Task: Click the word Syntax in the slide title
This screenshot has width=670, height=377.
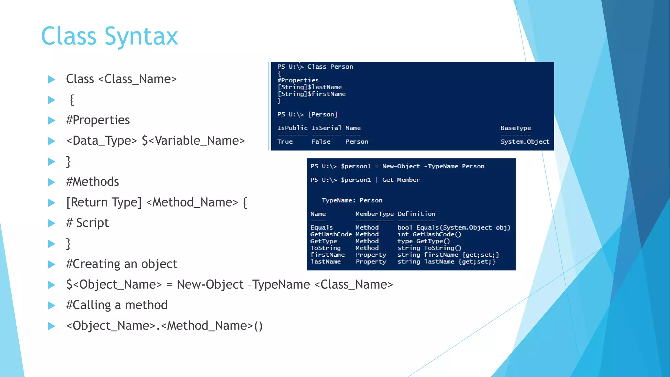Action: coord(141,37)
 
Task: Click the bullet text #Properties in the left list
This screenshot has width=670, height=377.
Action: coord(98,120)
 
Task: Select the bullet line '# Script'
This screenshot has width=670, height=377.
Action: coord(87,223)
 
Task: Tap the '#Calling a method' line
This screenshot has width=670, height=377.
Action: coord(117,305)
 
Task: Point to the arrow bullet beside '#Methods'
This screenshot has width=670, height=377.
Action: coord(52,182)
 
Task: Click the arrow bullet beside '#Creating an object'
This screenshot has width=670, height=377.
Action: coord(52,264)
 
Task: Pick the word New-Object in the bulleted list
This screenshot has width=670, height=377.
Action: coord(210,284)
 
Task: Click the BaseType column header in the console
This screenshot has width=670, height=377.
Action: coord(516,128)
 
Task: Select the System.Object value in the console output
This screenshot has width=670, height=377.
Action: coord(525,142)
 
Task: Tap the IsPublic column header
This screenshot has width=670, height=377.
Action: coord(292,128)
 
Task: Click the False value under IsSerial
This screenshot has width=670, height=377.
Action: coord(321,142)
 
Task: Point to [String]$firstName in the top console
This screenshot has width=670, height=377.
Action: coord(311,94)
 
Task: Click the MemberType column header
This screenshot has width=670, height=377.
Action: coord(374,214)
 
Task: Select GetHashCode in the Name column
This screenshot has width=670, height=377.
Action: coord(331,234)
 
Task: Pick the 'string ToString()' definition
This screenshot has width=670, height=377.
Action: coord(429,248)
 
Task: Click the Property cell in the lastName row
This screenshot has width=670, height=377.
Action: coord(371,262)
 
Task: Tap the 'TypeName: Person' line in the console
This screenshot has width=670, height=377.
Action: coord(352,200)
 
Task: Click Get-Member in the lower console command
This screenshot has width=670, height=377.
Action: coord(401,180)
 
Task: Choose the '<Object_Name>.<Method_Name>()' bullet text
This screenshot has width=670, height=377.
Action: coord(164,326)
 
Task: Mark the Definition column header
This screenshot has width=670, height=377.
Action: coord(416,214)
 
